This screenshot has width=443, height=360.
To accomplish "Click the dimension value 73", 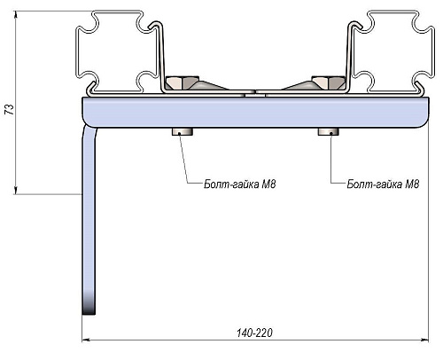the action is (x=10, y=109).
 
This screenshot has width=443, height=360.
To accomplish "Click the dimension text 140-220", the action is (x=254, y=333).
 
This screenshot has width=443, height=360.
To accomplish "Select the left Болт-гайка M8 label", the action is (x=240, y=184).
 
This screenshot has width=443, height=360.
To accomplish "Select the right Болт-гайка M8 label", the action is (x=383, y=184).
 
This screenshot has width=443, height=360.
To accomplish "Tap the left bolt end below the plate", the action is (x=183, y=132).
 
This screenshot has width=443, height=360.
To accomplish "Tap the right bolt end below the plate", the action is (x=329, y=132).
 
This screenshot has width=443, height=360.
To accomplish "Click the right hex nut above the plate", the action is (x=329, y=82).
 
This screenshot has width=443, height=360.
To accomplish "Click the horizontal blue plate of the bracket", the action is (x=254, y=112).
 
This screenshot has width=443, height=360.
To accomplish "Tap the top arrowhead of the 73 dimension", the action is (x=15, y=15).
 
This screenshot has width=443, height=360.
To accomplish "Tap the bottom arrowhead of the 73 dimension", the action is (x=15, y=191).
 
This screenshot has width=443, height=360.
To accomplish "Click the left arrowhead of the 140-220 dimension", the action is (x=86, y=340).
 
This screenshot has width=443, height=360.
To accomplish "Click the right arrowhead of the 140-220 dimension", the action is (x=424, y=340).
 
